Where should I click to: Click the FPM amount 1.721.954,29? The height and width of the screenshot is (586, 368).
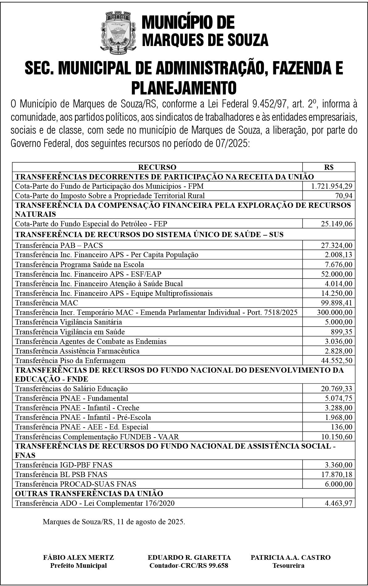coord(332,186)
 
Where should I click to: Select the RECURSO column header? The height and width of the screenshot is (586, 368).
coord(157,167)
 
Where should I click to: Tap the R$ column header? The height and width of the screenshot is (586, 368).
coord(329,167)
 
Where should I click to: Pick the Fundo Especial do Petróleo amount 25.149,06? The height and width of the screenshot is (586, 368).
coord(336,224)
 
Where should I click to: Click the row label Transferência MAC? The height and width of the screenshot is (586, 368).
coord(47,303)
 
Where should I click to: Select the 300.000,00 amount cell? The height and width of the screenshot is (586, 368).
coord(334,312)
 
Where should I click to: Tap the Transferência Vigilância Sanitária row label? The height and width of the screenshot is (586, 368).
coord(68,322)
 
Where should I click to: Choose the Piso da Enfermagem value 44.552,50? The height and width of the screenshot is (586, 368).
coord(336,361)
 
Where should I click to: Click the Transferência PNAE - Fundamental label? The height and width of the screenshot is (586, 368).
coord(72,398)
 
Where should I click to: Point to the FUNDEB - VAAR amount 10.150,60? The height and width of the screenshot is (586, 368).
coord(336,437)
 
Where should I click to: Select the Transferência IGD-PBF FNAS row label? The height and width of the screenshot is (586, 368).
coord(64,465)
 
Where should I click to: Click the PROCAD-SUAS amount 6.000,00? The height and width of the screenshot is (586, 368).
coord(338,484)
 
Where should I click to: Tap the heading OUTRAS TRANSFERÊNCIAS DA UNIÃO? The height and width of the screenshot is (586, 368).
coord(89,493)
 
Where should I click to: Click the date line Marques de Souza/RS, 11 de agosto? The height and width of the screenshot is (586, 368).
coord(114,522)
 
